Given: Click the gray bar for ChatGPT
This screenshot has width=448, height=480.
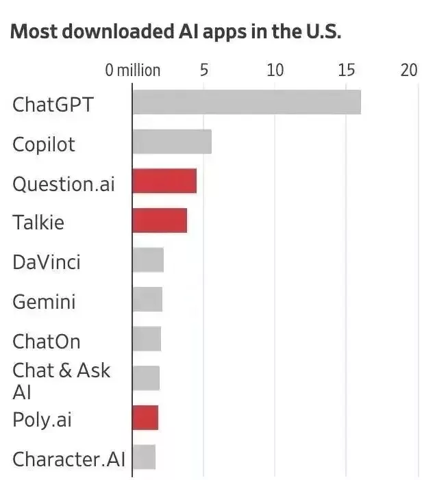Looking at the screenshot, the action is point(247,102).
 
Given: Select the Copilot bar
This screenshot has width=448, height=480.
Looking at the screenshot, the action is point(172,142).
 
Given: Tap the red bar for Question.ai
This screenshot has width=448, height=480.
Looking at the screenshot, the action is point(165,181).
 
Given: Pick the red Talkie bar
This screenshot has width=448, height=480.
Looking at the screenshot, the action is point(160,220).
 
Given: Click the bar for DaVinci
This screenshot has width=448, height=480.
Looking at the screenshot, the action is point(148,260).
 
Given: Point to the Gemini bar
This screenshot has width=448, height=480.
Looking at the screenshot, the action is point(147,299).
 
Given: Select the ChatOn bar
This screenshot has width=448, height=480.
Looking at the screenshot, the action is point(147,338).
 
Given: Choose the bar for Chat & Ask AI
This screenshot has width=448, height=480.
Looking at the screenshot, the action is point(147,378).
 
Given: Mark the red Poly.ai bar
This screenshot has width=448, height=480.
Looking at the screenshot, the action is point(145,418).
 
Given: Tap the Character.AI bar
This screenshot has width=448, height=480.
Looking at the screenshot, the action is point(145,457).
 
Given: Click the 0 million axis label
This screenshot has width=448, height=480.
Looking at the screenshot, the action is point(133,71).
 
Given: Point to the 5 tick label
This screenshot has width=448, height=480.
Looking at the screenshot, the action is point(204,70).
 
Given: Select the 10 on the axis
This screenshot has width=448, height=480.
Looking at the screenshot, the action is point(275,70).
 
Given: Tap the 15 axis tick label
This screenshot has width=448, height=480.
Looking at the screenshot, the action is point(347,70).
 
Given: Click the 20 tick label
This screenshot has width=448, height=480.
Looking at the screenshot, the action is point(409,70).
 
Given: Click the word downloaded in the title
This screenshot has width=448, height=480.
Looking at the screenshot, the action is point(118,31).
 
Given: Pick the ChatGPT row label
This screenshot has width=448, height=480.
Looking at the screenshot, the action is point(53,105).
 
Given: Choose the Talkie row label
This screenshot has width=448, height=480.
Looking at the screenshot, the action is point(38,222).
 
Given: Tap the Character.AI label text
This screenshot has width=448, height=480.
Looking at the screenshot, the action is point(69,459).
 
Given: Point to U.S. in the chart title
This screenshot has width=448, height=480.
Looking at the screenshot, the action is point(323,31).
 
